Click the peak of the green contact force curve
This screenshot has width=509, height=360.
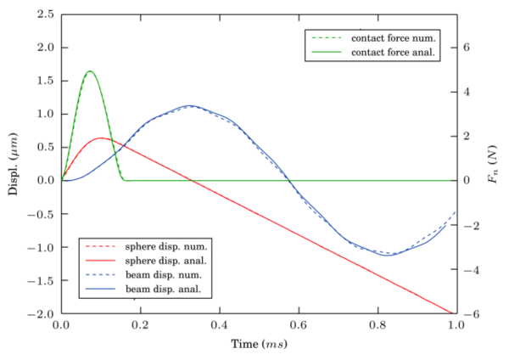pyautogui.click(x=90, y=71)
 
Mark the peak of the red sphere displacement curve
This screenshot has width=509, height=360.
pyautogui.click(x=101, y=138)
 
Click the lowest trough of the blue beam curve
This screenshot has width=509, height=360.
pyautogui.click(x=389, y=255)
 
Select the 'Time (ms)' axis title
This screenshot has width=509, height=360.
pyautogui.click(x=259, y=344)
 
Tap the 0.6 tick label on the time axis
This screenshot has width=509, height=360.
pyautogui.click(x=299, y=324)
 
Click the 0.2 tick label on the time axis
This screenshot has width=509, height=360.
pyautogui.click(x=141, y=324)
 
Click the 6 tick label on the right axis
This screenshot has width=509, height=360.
pyautogui.click(x=467, y=48)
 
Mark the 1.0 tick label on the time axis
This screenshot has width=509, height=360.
pyautogui.click(x=456, y=324)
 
